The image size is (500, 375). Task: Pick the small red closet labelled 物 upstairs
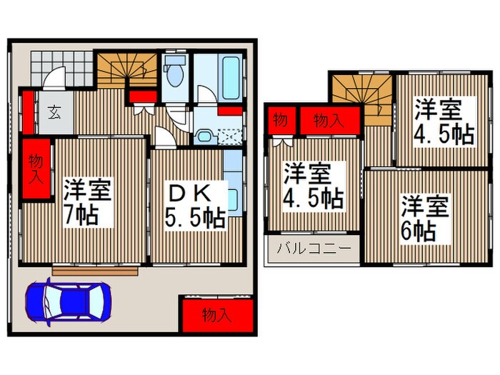point(279,120)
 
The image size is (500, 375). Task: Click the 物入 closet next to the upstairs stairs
point(329,120)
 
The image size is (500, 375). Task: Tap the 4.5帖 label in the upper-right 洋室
point(444,134)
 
